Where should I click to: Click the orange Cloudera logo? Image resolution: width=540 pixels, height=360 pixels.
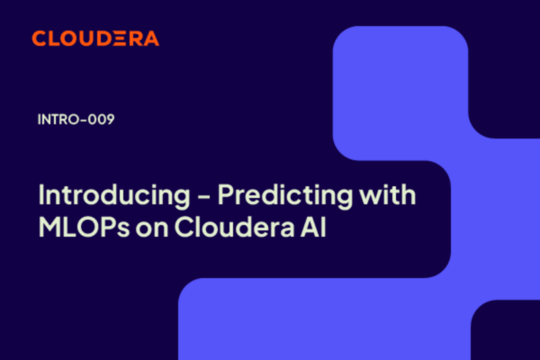tap(95, 38)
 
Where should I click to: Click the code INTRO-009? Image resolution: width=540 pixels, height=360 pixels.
tap(76, 119)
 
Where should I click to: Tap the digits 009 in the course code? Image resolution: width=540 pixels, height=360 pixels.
tap(101, 119)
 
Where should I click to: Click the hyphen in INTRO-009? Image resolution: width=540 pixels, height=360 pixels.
tap(83, 120)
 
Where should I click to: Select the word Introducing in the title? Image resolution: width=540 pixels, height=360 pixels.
tap(114, 195)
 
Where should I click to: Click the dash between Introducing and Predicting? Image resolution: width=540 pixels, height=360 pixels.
tap(204, 197)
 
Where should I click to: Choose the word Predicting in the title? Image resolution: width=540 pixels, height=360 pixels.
tap(285, 195)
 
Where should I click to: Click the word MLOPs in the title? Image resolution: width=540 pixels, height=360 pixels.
tap(85, 226)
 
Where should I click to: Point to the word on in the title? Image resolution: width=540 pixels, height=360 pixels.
tap(152, 229)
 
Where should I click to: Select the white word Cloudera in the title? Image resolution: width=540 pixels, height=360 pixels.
tap(235, 226)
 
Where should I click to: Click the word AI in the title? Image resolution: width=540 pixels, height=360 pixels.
tap(313, 226)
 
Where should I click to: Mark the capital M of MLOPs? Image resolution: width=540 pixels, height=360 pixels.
tap(50, 226)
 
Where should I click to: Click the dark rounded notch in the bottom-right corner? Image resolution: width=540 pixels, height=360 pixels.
tap(505, 330)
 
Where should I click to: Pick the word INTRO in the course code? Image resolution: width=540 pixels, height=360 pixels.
tap(58, 119)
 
